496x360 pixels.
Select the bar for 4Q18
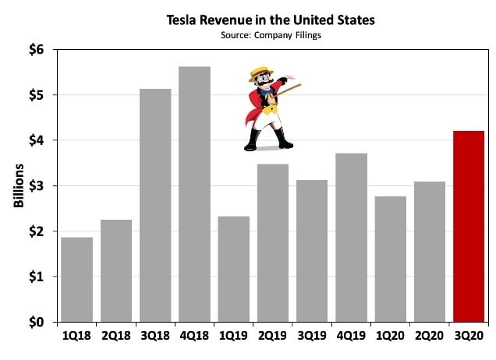pyautogui.click(x=194, y=194)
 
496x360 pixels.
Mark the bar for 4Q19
pyautogui.click(x=351, y=238)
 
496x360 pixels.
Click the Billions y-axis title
pyautogui.click(x=18, y=186)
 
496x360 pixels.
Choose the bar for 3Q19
pyautogui.click(x=312, y=251)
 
